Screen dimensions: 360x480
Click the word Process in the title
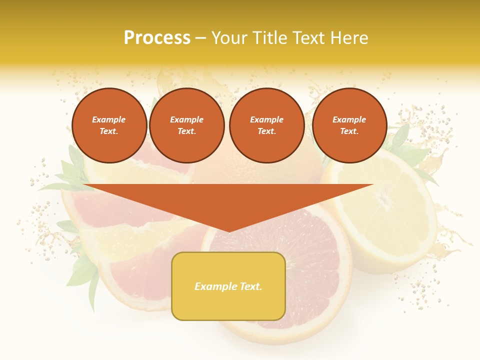tap(157, 38)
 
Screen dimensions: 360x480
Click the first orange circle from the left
tap(109, 125)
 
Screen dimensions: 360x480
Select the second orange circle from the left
tap(187, 125)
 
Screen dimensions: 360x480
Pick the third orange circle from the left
tap(267, 125)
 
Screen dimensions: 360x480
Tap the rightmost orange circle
tap(349, 125)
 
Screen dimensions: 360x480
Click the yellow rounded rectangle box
tap(228, 286)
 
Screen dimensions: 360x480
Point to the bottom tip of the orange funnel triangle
tap(228, 231)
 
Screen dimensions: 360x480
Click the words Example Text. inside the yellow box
tap(228, 286)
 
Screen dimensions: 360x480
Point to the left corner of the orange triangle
tap(84, 185)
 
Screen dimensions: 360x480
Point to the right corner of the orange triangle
tap(372, 185)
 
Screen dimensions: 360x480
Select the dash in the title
tap(201, 38)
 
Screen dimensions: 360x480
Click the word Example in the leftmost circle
tap(109, 119)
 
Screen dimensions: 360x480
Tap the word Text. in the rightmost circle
tap(349, 131)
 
